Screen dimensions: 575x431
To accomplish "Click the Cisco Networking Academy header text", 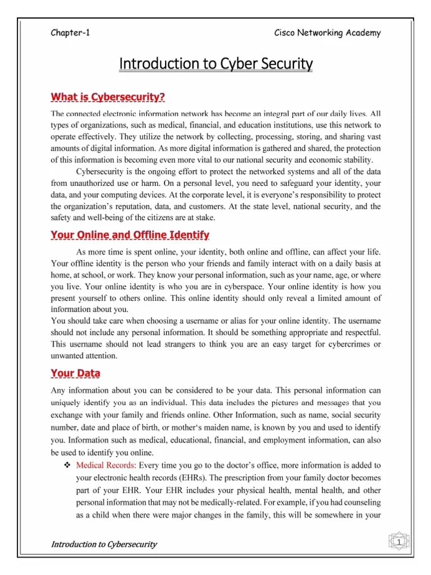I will click(x=327, y=33).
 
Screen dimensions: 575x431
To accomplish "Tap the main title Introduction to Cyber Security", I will click(x=215, y=65).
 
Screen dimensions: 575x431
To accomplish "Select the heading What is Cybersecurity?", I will click(x=108, y=97).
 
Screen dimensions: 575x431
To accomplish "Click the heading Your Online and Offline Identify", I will click(x=130, y=234).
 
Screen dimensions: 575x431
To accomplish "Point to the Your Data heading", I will click(x=76, y=373).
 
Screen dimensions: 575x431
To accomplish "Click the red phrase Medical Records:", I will click(x=106, y=466).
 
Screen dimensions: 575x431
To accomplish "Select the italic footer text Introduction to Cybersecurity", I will click(x=104, y=544).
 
